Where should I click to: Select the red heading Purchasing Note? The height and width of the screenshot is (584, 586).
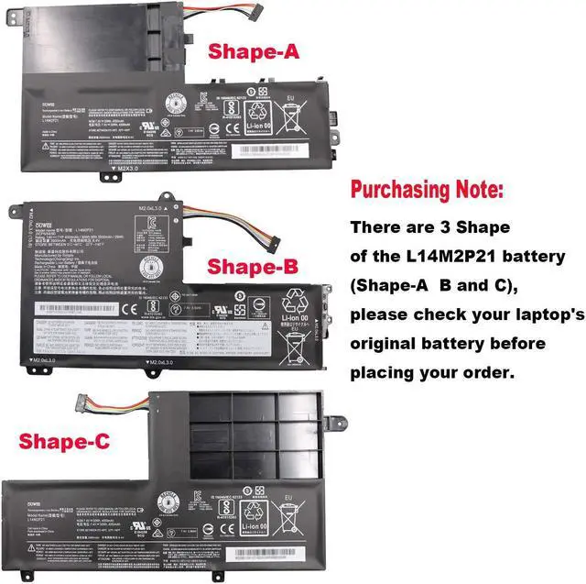pyautogui.click(x=427, y=191)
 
